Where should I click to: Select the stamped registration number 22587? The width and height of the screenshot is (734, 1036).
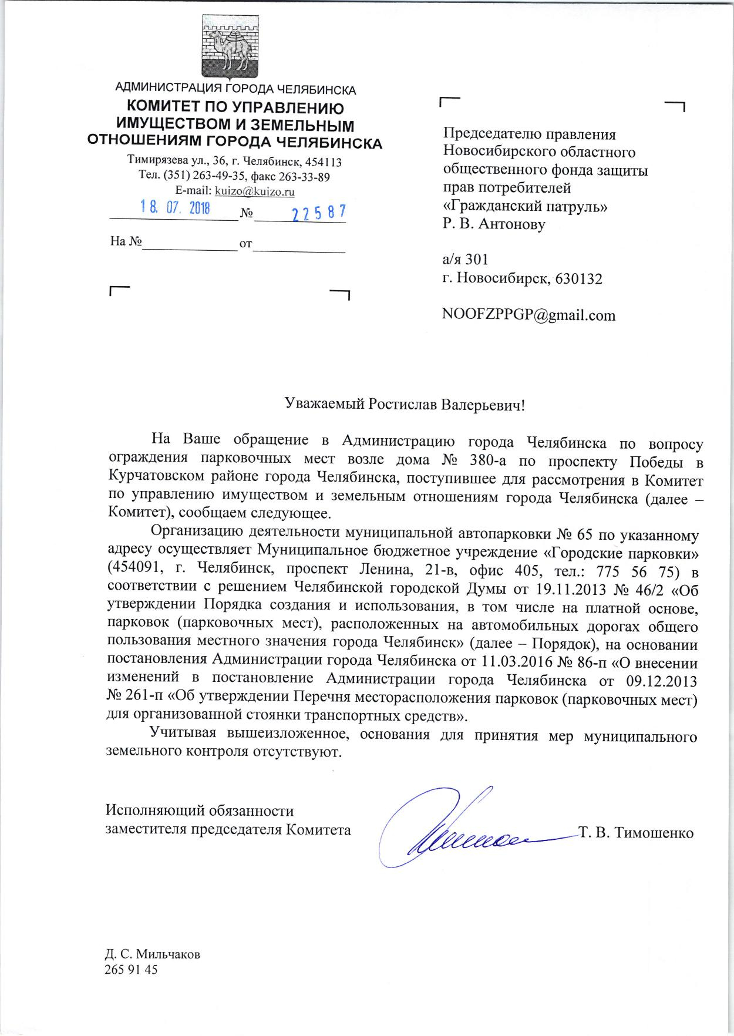coord(319,213)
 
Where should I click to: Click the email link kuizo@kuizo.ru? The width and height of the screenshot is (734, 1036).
coord(255,191)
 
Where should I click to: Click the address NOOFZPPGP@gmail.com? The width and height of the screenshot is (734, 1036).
coord(529,315)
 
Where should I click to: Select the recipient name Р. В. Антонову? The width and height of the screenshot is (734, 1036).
coord(494,224)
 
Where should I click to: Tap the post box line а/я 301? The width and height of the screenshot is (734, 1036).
coord(465,259)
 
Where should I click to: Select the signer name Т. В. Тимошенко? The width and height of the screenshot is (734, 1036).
coord(637,833)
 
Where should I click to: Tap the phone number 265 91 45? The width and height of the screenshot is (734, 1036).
coord(131,970)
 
